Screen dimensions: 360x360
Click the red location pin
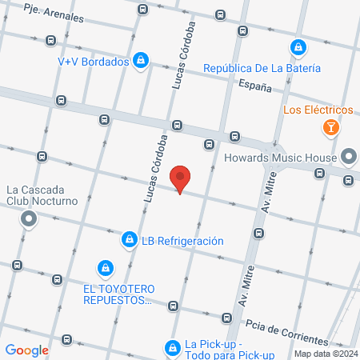pyautogui.click(x=182, y=180)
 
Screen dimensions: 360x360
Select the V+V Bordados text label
pyautogui.click(x=93, y=61)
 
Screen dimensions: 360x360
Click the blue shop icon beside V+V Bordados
pyautogui.click(x=141, y=60)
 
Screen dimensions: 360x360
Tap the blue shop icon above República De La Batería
pyautogui.click(x=298, y=47)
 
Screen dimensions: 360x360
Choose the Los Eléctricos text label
pyautogui.click(x=318, y=109)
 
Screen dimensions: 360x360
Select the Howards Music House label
pyautogui.click(x=280, y=158)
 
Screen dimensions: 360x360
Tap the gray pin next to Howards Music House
pyautogui.click(x=349, y=156)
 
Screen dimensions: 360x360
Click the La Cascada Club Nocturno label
pyautogui.click(x=42, y=196)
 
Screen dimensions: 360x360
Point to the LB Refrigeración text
pyautogui.click(x=182, y=241)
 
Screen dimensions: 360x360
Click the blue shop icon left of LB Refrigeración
pyautogui.click(x=129, y=239)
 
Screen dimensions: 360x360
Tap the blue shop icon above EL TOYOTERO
pyautogui.click(x=104, y=267)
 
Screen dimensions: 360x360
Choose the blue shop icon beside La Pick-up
pyautogui.click(x=172, y=347)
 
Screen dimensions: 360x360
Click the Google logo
pyautogui.click(x=27, y=350)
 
